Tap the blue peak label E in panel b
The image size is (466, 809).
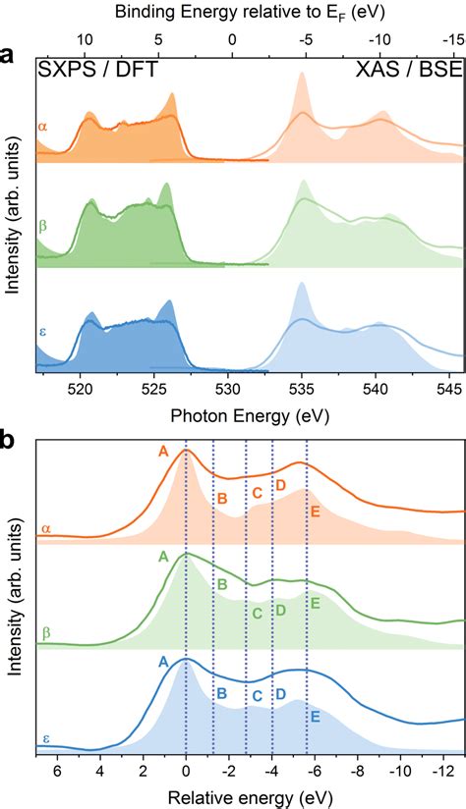[x=316, y=718]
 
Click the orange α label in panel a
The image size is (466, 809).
[x=42, y=126]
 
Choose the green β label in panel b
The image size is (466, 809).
[x=45, y=633]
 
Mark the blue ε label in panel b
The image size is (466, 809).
[x=44, y=737]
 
